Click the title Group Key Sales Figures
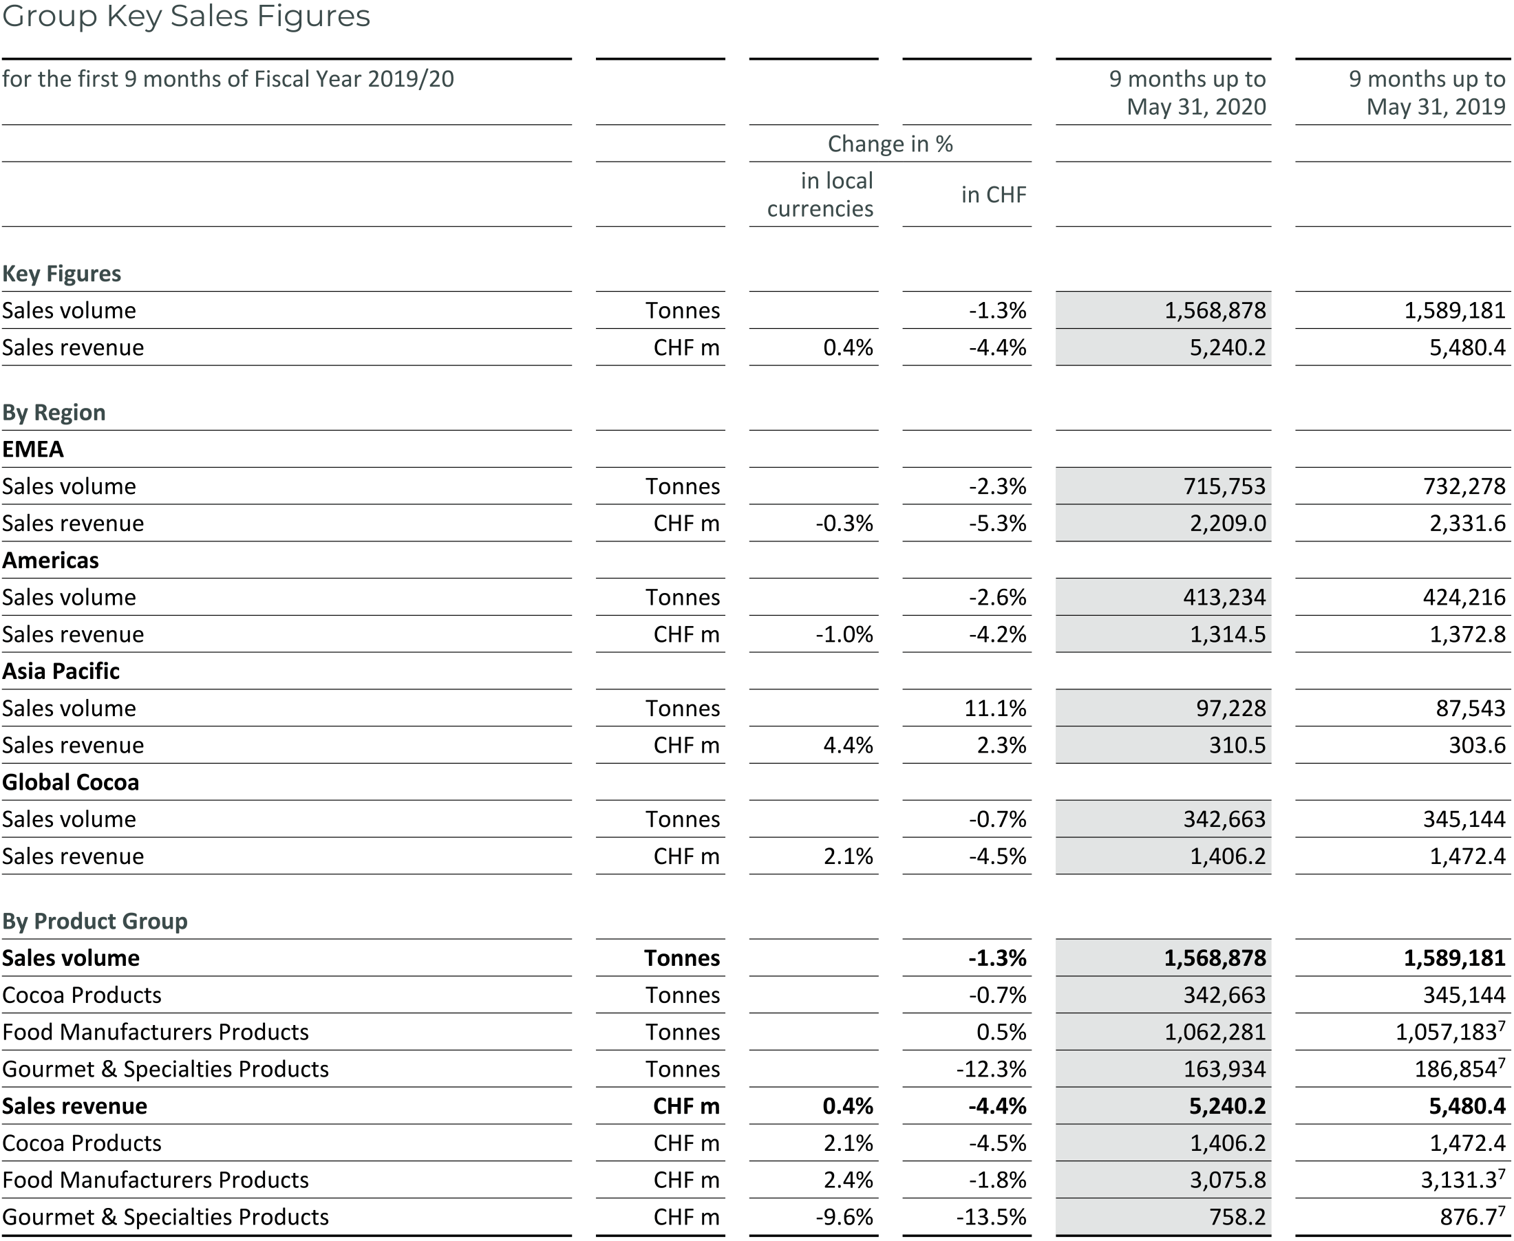click(186, 16)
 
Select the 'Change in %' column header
click(890, 144)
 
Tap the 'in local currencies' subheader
click(820, 195)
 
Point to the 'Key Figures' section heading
click(61, 274)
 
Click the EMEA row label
click(33, 449)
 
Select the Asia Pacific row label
click(61, 671)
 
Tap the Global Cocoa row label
click(70, 782)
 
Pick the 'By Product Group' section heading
click(94, 920)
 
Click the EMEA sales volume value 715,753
click(1224, 486)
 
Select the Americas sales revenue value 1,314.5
click(1227, 634)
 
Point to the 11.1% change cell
click(995, 709)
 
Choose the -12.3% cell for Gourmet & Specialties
click(990, 1069)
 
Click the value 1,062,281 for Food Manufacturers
click(1215, 1032)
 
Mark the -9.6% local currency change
click(844, 1217)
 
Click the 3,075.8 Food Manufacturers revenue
click(1227, 1180)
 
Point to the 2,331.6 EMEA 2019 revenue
click(1467, 524)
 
